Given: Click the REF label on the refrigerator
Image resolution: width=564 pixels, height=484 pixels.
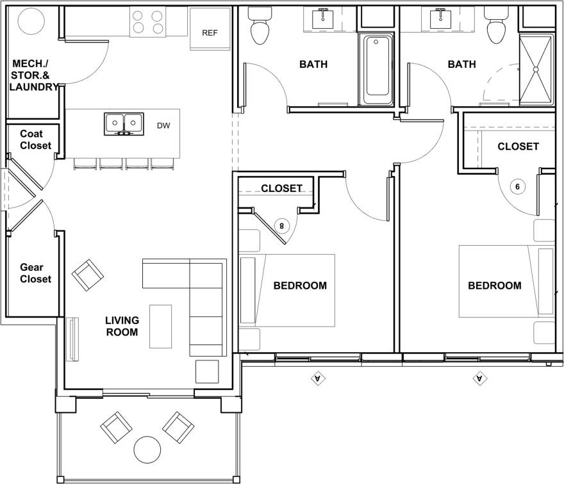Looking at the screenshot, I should (x=210, y=33).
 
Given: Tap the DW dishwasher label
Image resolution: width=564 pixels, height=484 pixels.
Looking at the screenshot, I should (x=164, y=125).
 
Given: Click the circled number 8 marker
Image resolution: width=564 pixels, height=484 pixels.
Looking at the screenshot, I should (x=281, y=225).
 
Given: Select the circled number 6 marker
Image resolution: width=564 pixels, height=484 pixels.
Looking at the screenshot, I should (x=518, y=186).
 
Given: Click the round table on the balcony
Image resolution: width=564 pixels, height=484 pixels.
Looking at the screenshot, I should (x=148, y=449).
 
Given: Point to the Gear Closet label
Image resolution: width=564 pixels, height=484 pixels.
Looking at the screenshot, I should (x=35, y=273).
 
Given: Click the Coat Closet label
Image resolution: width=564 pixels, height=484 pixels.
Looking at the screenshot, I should (x=35, y=140).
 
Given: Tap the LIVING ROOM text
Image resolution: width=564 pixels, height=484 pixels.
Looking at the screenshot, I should (x=122, y=326).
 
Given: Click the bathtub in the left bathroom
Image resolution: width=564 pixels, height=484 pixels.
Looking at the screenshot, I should (x=376, y=70).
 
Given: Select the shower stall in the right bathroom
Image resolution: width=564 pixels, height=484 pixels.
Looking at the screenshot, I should (x=536, y=70).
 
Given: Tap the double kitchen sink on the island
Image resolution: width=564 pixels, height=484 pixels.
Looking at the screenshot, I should (x=124, y=123).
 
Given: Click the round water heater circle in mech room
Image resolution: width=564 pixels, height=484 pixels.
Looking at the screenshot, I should (x=31, y=23).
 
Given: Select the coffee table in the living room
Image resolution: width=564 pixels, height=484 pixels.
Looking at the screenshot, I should (x=161, y=327).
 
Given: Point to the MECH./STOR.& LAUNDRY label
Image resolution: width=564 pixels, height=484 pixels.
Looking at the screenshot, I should (x=35, y=75).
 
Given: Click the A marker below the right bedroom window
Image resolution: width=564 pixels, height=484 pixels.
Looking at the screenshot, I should (x=479, y=379).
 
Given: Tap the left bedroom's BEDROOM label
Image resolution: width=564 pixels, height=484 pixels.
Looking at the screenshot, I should (x=300, y=286).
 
